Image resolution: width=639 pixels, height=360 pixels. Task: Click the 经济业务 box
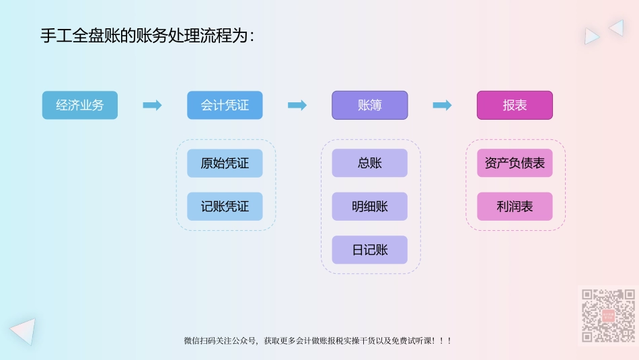click(80, 106)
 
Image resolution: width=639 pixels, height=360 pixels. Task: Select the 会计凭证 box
click(225, 106)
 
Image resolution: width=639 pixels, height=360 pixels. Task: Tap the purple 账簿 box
click(369, 106)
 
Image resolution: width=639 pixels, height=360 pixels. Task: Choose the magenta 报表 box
click(515, 106)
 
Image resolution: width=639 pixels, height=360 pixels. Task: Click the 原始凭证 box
click(225, 163)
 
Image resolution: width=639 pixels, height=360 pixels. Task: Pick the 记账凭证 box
click(225, 207)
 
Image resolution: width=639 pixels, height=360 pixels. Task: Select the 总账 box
click(369, 163)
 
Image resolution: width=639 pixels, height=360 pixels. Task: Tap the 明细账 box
click(369, 207)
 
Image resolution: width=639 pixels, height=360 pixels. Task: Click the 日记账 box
click(369, 250)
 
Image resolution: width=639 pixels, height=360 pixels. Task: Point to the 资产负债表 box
click(515, 163)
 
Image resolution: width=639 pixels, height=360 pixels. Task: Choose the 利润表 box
click(515, 207)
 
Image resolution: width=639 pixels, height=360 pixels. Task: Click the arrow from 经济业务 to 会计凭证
click(152, 106)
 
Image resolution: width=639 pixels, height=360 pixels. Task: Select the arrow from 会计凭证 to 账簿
click(297, 106)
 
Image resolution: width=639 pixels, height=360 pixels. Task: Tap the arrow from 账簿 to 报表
click(442, 106)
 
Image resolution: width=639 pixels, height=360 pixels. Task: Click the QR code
click(608, 316)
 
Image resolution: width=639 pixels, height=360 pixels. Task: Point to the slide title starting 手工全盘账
click(147, 36)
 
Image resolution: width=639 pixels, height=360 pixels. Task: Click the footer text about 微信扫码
click(317, 341)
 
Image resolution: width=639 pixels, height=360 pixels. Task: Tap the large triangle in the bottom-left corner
click(24, 330)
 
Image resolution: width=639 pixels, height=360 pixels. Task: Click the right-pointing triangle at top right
click(591, 36)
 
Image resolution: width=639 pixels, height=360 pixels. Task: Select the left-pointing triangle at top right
click(617, 28)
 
